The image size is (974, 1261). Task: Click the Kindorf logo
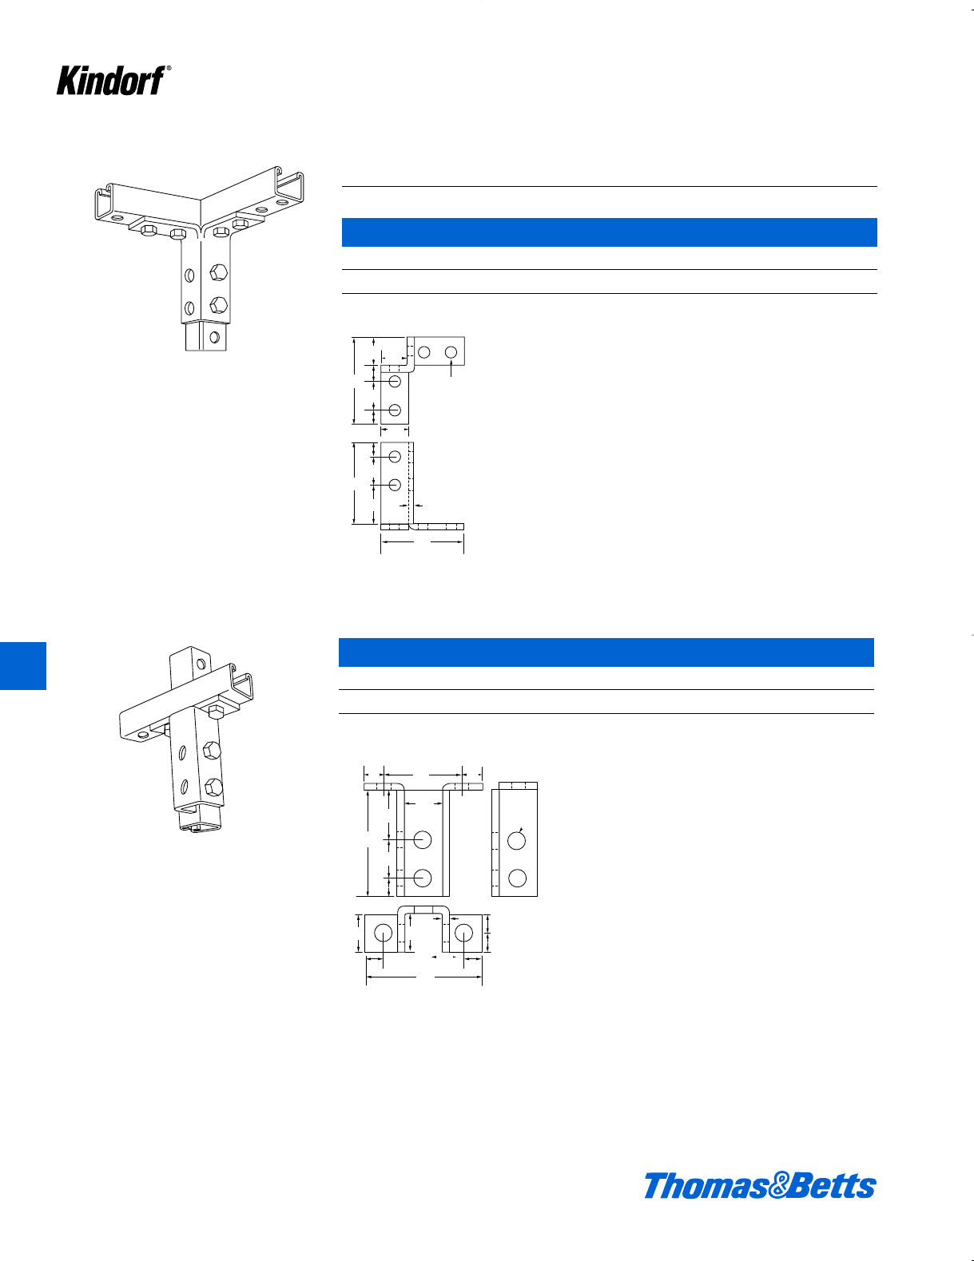point(110,81)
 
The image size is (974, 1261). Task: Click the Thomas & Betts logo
point(759,1186)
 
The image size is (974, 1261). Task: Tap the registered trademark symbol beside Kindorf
point(169,69)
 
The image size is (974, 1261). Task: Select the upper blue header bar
point(609,232)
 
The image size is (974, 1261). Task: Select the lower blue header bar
point(606,652)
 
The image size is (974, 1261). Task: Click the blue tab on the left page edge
point(22,665)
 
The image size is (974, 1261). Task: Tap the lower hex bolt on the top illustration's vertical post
point(217,305)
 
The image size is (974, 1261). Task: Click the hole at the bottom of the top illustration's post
point(214,337)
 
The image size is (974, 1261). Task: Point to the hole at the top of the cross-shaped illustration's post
point(201,664)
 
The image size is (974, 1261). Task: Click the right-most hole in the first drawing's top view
point(451,352)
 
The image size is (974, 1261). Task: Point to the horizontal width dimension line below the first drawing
point(422,542)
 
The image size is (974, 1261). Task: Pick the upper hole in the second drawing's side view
point(517,840)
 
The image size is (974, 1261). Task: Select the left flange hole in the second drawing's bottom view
point(383,932)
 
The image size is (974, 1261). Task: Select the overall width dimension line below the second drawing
point(424,976)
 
